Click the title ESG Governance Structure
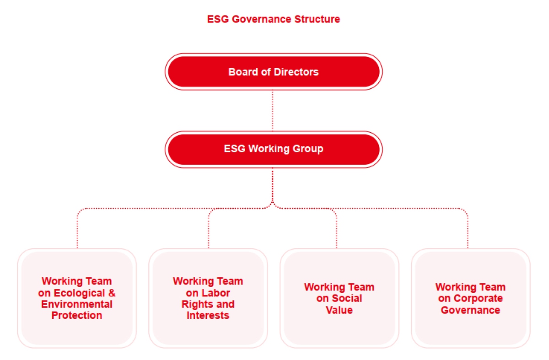(274, 19)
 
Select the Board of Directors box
(274, 71)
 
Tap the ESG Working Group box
(274, 149)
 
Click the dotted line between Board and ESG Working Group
(273, 111)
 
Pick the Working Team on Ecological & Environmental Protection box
(77, 298)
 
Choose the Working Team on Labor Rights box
(208, 298)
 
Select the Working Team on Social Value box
(339, 298)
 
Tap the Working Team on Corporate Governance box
(471, 298)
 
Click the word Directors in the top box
(296, 72)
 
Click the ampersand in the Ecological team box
(112, 293)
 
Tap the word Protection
(77, 315)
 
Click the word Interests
(208, 315)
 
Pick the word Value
(339, 310)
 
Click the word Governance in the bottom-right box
(470, 310)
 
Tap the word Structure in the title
(317, 19)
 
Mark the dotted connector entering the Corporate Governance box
(468, 228)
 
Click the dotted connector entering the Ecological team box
(77, 228)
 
